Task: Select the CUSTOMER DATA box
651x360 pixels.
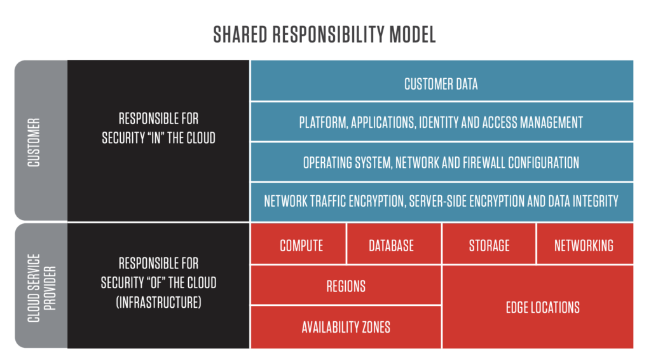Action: pyautogui.click(x=442, y=81)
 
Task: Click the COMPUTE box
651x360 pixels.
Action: pyautogui.click(x=298, y=244)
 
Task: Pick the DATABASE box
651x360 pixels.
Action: pyautogui.click(x=394, y=244)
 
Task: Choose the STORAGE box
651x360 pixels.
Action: pyautogui.click(x=489, y=244)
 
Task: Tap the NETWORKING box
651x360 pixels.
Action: pyautogui.click(x=585, y=244)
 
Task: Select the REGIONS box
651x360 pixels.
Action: pyautogui.click(x=346, y=285)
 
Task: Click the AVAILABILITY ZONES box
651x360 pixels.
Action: pyautogui.click(x=346, y=327)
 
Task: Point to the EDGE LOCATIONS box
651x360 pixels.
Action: pyautogui.click(x=538, y=307)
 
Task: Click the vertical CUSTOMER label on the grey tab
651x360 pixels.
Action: pyautogui.click(x=34, y=142)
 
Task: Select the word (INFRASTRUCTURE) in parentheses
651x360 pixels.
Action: pyautogui.click(x=158, y=302)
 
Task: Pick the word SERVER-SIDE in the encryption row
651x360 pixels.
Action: pyautogui.click(x=437, y=202)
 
